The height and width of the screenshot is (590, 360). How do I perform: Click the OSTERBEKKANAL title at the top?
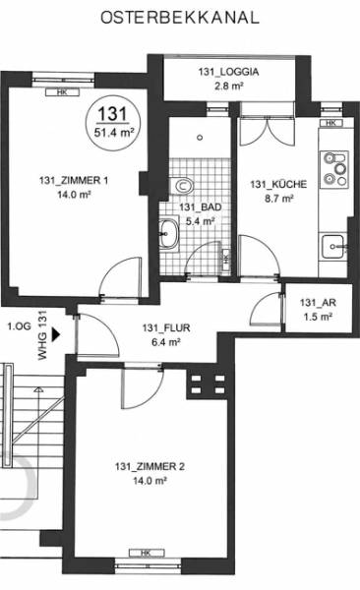click(180, 18)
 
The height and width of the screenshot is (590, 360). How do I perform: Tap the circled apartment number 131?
click(112, 113)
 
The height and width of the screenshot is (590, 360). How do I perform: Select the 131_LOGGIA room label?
click(228, 72)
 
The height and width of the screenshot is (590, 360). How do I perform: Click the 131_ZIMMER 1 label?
click(74, 180)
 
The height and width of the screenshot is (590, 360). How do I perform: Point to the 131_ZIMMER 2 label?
click(150, 466)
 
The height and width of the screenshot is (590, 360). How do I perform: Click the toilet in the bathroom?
click(182, 185)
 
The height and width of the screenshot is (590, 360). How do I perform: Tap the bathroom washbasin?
click(168, 233)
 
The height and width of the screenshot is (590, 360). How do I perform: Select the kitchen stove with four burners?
click(334, 169)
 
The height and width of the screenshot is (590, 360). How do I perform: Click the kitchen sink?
click(333, 247)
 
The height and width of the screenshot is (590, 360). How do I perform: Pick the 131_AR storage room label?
click(318, 303)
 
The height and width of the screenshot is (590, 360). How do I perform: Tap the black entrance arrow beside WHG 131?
click(56, 334)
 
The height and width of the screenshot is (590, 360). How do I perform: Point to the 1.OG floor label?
click(20, 326)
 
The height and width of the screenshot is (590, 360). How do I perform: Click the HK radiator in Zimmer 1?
click(63, 92)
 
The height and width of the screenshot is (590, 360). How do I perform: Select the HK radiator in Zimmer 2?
click(147, 553)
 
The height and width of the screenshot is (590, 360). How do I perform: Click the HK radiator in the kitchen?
click(331, 123)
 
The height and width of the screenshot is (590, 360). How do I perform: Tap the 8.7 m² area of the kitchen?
click(279, 199)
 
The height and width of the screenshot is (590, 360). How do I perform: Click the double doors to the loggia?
click(267, 131)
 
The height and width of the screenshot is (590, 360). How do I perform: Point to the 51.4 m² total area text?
click(114, 133)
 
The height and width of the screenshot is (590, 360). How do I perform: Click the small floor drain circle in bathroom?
click(200, 138)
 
